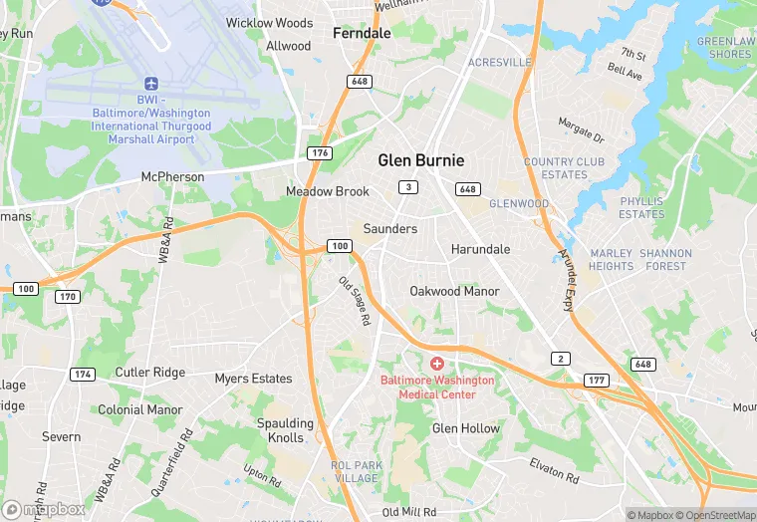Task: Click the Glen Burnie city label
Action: (420, 160)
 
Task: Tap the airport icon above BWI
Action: (151, 84)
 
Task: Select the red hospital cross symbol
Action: (436, 363)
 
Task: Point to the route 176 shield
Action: (320, 152)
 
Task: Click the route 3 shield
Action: (407, 187)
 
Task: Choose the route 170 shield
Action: (68, 297)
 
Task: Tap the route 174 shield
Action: (83, 374)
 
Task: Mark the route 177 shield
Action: (596, 380)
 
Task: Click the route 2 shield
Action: (562, 359)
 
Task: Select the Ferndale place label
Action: (362, 33)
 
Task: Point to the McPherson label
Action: (172, 177)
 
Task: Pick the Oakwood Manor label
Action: (455, 291)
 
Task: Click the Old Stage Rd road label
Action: (355, 301)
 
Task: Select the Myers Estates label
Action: (254, 379)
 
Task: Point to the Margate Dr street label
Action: (581, 130)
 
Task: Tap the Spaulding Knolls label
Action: (285, 430)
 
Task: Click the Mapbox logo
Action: (45, 508)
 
